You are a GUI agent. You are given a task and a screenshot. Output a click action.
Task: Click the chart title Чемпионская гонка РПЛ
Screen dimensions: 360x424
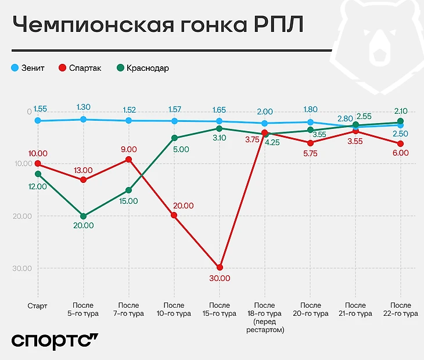(x=157, y=27)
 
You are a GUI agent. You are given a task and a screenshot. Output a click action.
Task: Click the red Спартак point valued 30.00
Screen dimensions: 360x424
(x=220, y=267)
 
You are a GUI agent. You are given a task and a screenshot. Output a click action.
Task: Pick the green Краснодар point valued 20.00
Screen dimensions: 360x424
(x=84, y=216)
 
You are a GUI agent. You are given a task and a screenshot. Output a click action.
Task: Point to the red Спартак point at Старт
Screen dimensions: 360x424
(x=38, y=164)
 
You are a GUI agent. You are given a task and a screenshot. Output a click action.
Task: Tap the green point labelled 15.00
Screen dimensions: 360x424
(x=128, y=190)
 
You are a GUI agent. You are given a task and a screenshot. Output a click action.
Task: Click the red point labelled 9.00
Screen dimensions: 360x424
(x=128, y=159)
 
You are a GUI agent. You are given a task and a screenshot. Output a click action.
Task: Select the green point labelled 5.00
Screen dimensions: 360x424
(x=174, y=138)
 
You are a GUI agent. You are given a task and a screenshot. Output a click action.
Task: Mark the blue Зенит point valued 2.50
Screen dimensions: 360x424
(x=401, y=125)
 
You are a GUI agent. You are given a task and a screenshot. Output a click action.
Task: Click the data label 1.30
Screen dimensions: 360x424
(x=84, y=107)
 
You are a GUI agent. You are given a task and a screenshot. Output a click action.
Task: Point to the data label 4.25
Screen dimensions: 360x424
(x=272, y=142)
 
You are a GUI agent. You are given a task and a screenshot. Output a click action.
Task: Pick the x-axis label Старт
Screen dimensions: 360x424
(x=38, y=305)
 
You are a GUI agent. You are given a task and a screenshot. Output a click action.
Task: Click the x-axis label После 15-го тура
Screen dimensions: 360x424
(x=220, y=309)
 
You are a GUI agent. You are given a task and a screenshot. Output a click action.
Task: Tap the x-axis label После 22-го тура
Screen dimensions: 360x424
(x=401, y=309)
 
